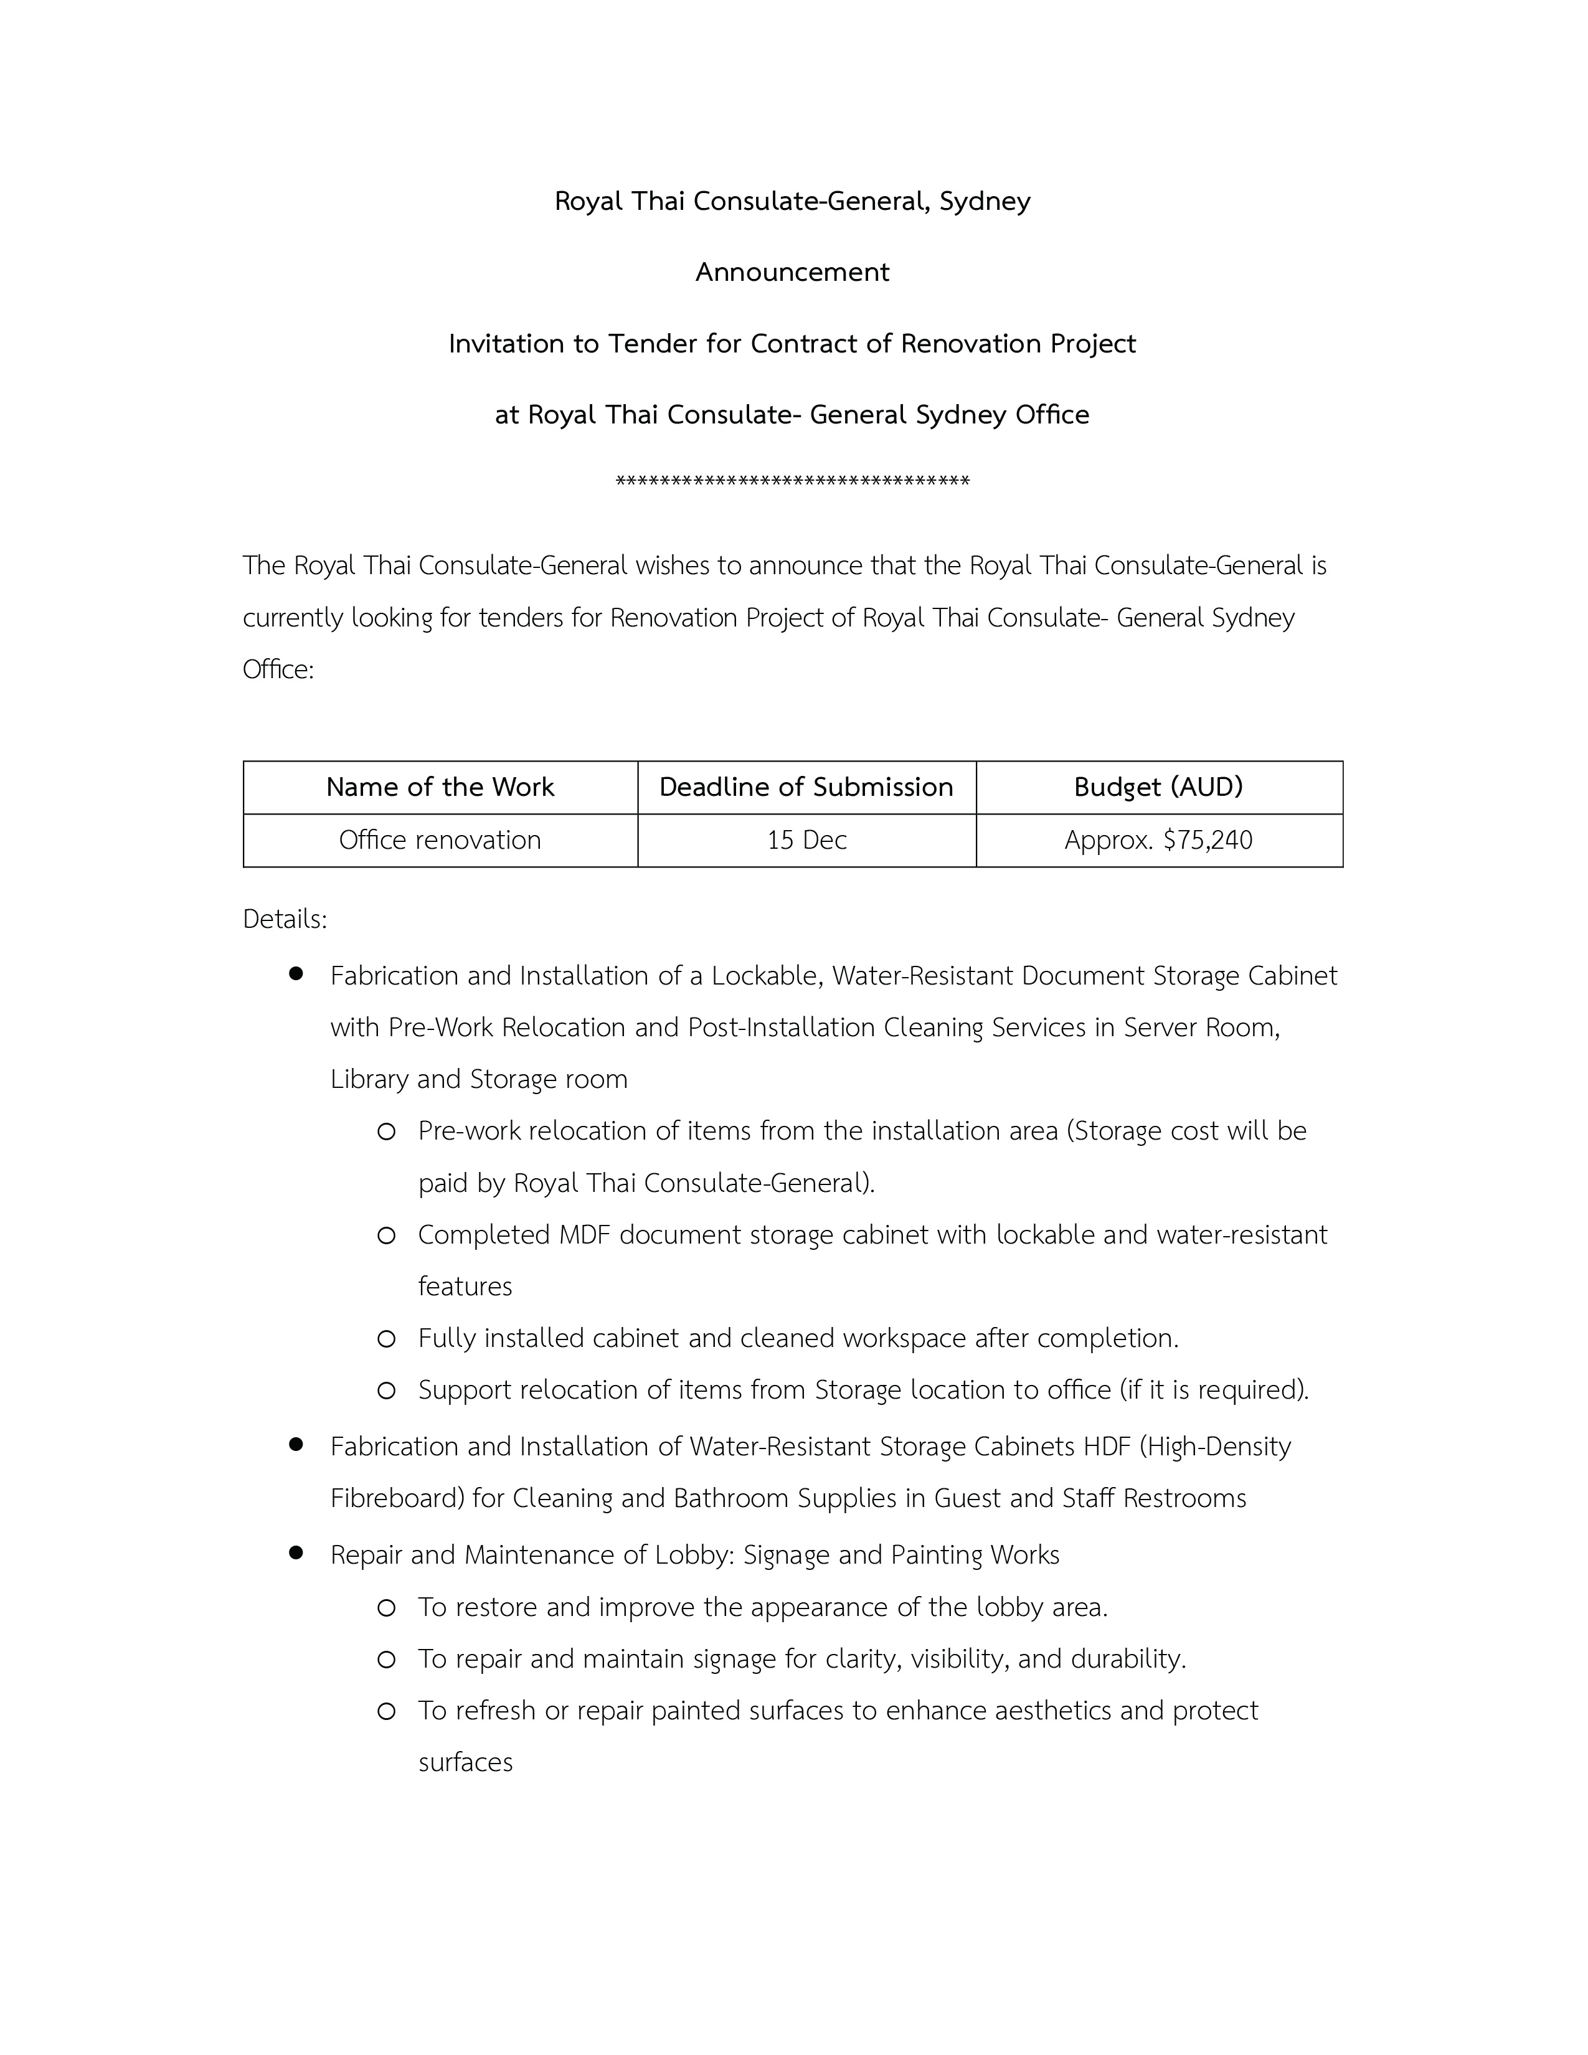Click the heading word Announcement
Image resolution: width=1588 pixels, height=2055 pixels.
click(x=792, y=272)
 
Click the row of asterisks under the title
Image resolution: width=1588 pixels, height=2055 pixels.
click(x=792, y=482)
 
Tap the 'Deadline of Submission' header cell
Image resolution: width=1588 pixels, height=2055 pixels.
click(x=806, y=787)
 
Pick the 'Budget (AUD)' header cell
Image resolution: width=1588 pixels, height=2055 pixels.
click(x=1158, y=787)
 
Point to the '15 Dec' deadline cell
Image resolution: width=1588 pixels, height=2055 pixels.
click(x=806, y=839)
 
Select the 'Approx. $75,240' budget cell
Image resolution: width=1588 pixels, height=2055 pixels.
click(x=1158, y=839)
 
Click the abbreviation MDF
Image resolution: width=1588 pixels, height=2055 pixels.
click(x=585, y=1234)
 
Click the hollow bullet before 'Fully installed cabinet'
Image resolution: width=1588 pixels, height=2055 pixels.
click(x=385, y=1339)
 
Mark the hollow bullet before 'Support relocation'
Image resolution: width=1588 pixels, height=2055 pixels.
click(x=385, y=1391)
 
